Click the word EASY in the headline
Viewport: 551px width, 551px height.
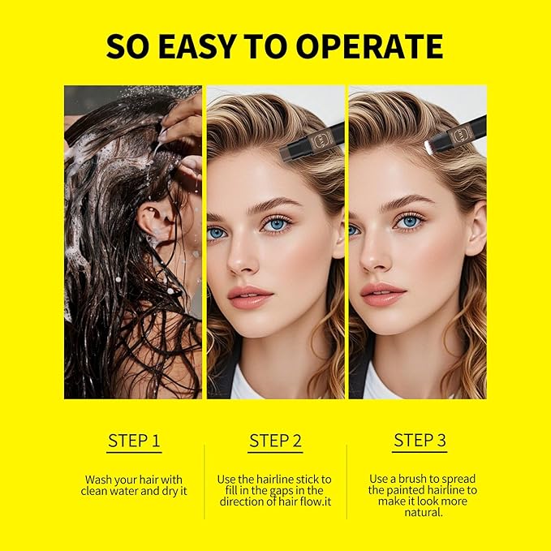(x=207, y=47)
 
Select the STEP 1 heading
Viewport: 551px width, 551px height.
(x=134, y=441)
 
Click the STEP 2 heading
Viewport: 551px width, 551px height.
(x=275, y=441)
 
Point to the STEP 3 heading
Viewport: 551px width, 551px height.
(x=420, y=441)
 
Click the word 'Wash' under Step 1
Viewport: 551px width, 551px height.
(x=99, y=480)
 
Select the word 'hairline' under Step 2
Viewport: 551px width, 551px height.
(x=288, y=480)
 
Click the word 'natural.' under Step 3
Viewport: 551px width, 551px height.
(x=420, y=512)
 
